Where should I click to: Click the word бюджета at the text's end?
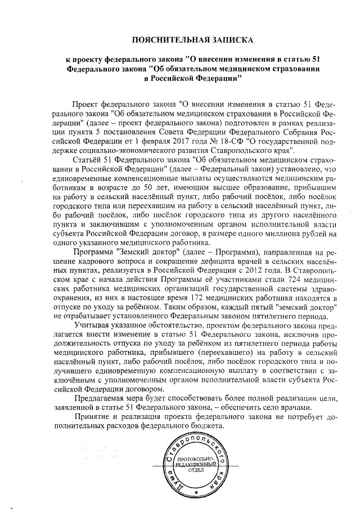(208, 430)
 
